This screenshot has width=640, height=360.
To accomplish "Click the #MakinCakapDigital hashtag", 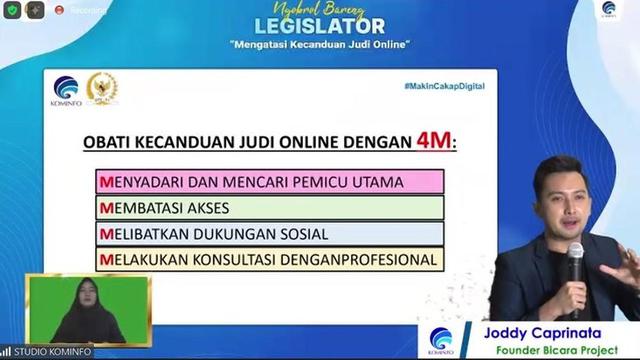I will pyautogui.click(x=444, y=86).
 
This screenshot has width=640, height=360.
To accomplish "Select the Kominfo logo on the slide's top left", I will pyautogui.click(x=66, y=88).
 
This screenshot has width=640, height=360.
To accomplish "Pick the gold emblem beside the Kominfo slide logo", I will pyautogui.click(x=102, y=87).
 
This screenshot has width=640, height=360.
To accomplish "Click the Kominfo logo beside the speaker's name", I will pyautogui.click(x=441, y=339).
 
